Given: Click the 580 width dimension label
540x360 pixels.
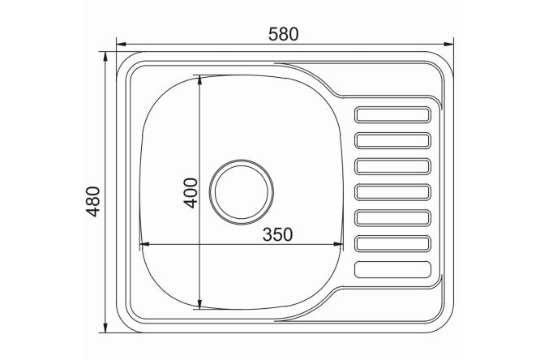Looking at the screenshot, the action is pos(283,34).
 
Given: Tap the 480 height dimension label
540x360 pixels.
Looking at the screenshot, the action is pos(93,201).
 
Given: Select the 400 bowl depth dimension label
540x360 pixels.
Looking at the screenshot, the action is pos(191,193).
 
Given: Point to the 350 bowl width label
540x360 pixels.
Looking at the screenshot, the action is pos(277,234).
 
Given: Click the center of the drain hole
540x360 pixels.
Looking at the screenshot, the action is pos(242,192).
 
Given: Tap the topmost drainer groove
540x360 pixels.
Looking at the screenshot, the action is pos(392,114).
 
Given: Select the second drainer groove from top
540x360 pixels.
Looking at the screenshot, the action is pos(392,140).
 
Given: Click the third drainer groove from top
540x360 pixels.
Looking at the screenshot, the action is pos(392,166).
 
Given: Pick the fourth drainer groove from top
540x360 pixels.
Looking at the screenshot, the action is pos(392,192).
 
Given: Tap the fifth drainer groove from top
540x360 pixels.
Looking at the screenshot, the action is pos(392,218).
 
